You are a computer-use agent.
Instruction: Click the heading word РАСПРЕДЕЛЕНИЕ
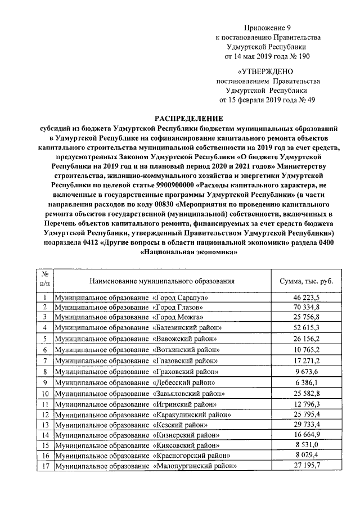188,118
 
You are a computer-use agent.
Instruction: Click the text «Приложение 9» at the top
267,28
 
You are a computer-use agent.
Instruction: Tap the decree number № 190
299,56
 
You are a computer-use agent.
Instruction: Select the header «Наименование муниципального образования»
161,281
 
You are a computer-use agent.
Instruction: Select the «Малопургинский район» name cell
145,466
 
